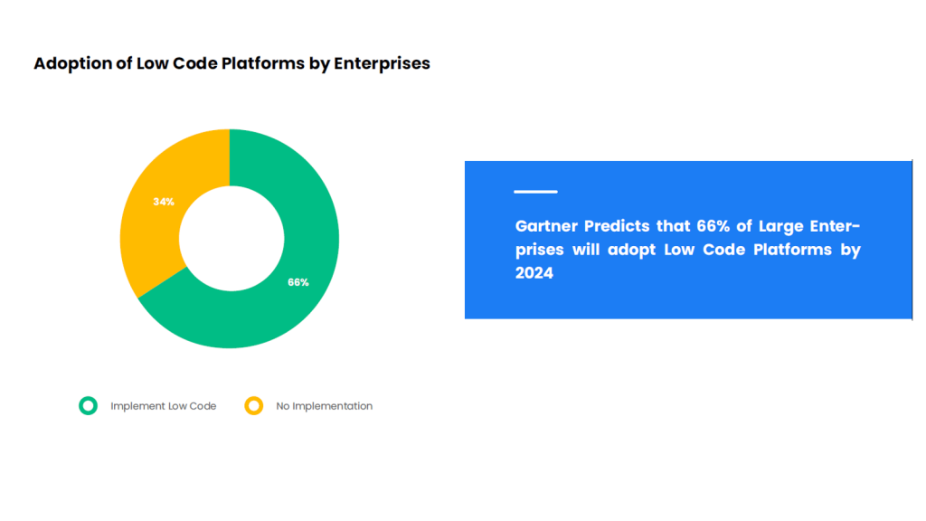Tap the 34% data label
click(x=164, y=202)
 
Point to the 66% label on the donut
click(x=298, y=282)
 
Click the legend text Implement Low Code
click(x=163, y=406)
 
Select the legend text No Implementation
click(x=325, y=406)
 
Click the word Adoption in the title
click(x=72, y=64)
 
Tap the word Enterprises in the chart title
click(x=383, y=64)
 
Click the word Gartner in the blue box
click(x=549, y=226)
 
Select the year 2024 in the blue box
click(x=534, y=273)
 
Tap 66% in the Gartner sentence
click(x=713, y=226)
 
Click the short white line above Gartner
click(x=535, y=192)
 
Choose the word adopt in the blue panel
click(x=631, y=251)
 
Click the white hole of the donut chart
click(x=231, y=239)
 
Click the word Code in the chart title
click(x=196, y=63)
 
